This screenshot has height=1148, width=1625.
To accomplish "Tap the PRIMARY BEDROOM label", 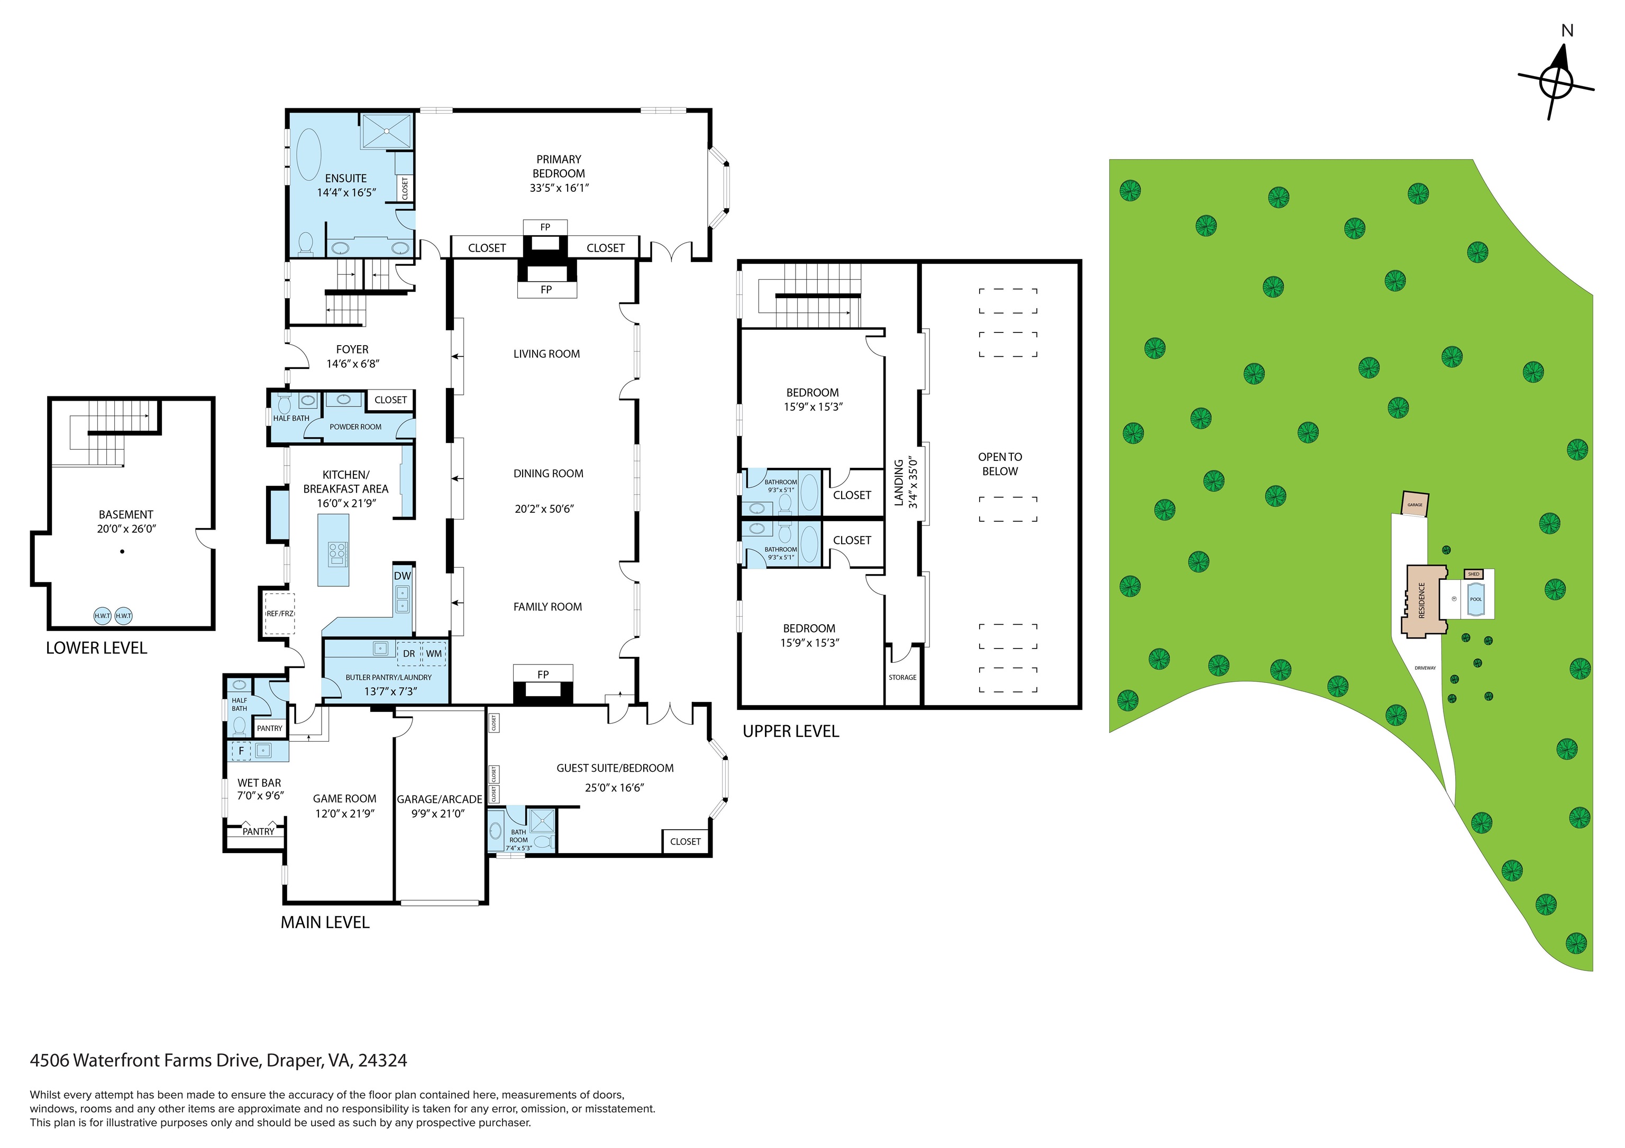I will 559,166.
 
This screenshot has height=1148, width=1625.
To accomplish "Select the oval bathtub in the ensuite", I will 308,153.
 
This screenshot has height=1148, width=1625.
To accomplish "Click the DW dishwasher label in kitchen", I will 402,576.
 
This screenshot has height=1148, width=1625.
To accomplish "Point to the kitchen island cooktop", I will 337,553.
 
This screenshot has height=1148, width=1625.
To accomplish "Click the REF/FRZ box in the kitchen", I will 279,613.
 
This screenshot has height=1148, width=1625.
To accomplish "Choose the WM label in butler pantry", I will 434,654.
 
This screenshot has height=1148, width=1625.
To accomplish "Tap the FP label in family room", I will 543,674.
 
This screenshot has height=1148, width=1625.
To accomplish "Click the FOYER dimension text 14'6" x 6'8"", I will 352,364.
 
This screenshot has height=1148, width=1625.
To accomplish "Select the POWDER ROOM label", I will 355,427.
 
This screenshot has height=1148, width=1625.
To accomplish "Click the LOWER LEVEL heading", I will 96,648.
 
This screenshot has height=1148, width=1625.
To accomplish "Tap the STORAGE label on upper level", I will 902,677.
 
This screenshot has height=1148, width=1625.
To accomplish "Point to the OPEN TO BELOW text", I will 1000,464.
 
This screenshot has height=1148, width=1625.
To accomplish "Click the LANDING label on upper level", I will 899,483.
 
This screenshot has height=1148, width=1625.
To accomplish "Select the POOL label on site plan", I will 1476,599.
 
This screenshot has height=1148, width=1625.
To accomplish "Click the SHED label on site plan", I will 1474,575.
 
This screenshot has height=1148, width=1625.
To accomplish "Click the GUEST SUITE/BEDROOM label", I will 614,768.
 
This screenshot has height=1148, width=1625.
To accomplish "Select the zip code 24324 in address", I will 382,1060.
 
